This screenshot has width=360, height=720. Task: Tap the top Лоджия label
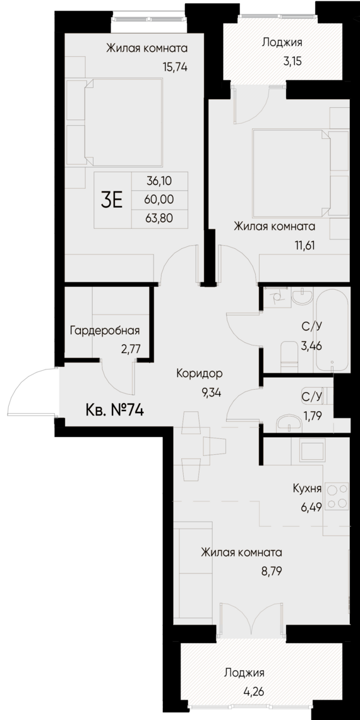282,43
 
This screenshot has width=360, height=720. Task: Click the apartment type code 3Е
112,200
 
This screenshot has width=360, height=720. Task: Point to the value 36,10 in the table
159,181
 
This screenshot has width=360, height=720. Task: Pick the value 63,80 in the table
159,219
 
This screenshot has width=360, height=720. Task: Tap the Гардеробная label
105,330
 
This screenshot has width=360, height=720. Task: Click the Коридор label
200,373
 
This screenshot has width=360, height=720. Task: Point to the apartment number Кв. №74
114,411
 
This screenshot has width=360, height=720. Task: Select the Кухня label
308,489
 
